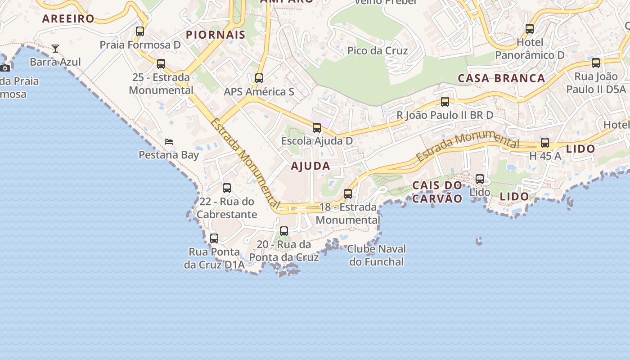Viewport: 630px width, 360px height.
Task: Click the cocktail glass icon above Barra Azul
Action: [55, 48]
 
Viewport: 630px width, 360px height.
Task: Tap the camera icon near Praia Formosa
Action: [5, 68]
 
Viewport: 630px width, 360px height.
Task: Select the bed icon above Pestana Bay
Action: [169, 141]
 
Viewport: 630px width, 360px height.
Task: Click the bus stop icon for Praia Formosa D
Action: [140, 31]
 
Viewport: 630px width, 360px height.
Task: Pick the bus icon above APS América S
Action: [259, 78]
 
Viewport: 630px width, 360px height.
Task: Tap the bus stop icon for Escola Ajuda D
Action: [317, 128]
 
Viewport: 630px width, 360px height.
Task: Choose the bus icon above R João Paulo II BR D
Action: [445, 102]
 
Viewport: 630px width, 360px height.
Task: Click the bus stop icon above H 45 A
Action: [545, 143]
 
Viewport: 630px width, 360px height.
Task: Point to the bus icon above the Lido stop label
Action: [480, 179]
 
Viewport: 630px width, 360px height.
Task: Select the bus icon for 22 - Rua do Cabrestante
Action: [227, 188]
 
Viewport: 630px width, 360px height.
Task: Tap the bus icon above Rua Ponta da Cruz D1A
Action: [214, 238]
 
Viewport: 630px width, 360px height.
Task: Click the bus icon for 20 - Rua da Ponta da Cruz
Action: [284, 231]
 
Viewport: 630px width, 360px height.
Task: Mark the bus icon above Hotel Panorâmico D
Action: [530, 29]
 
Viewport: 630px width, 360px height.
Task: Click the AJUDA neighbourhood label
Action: [310, 166]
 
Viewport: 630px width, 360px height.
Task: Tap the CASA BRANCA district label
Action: [501, 78]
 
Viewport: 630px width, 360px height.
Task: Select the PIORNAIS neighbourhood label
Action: [216, 35]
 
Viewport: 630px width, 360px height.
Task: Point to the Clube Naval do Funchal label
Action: [377, 255]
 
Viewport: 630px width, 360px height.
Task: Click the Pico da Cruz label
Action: [378, 51]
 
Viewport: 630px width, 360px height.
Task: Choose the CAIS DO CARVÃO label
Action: [437, 192]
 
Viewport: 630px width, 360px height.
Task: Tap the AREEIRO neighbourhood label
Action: [68, 18]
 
